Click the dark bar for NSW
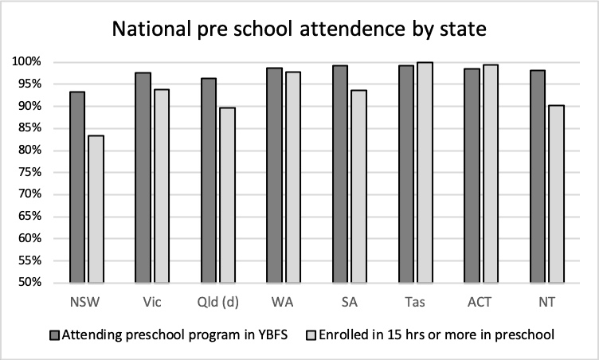(x=76, y=187)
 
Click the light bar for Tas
(x=425, y=172)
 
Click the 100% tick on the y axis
(x=35, y=62)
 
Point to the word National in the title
(x=148, y=30)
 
